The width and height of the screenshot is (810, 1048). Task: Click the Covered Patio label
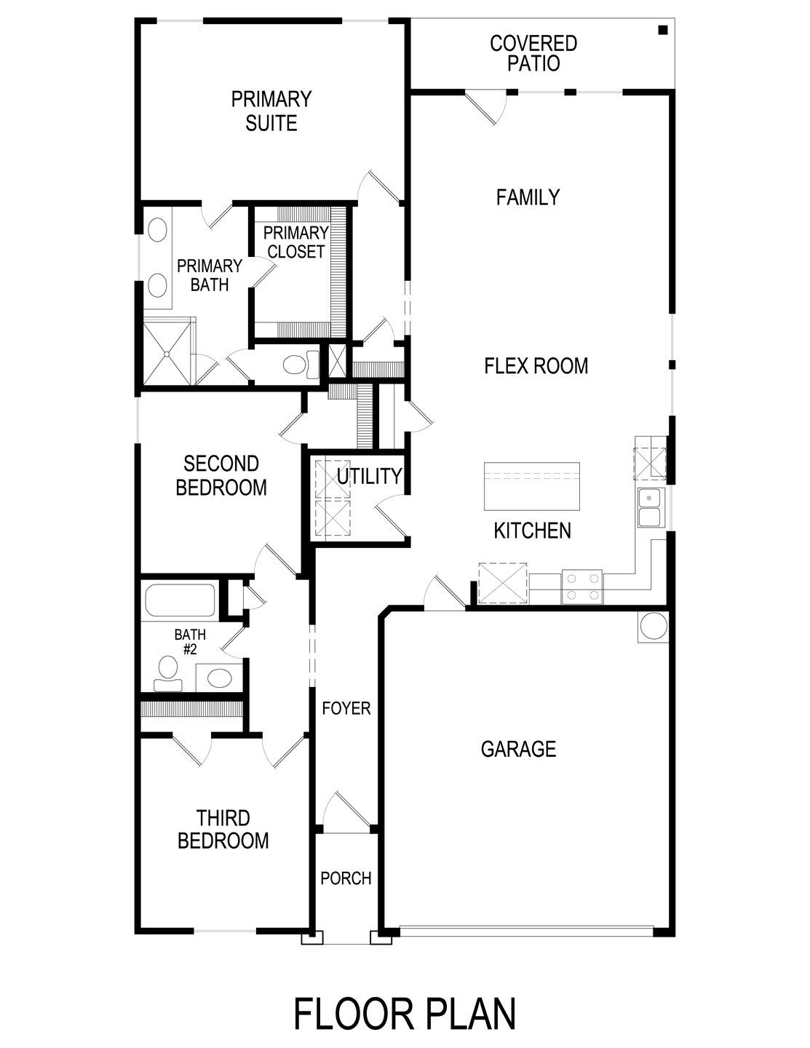tap(533, 53)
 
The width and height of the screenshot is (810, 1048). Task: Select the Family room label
tap(528, 197)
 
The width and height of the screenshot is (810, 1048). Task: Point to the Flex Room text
tap(536, 365)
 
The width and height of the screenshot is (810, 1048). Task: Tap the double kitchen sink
tap(649, 507)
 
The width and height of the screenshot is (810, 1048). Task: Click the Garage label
tap(519, 749)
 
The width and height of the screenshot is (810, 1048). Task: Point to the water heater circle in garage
tap(652, 627)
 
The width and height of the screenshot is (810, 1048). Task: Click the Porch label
tap(346, 878)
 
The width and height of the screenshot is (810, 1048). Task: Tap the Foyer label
tap(346, 708)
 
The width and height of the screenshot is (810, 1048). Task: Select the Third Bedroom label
tap(223, 829)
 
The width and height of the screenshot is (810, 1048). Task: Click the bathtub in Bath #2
tap(179, 601)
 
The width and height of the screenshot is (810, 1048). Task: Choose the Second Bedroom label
tap(221, 475)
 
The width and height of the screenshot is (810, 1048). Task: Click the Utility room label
tap(369, 476)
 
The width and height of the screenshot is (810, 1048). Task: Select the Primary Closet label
tap(296, 242)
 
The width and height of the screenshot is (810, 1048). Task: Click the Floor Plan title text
tap(405, 1013)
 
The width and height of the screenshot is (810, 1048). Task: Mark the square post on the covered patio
tap(662, 30)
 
